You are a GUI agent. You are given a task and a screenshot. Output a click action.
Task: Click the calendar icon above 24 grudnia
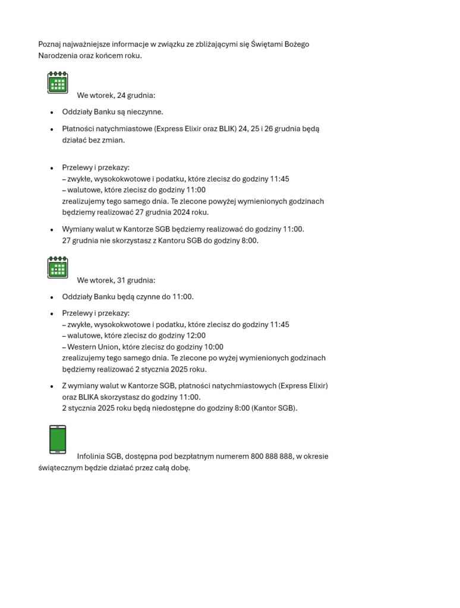[x=58, y=83]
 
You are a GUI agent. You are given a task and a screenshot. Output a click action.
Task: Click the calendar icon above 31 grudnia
[x=58, y=267]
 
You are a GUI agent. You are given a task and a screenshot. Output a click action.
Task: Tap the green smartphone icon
[x=58, y=439]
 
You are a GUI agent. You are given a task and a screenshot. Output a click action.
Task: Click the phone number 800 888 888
[x=272, y=457]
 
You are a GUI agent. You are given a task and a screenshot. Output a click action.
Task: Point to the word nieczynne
[x=145, y=112]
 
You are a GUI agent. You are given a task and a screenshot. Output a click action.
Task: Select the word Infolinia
[x=90, y=457]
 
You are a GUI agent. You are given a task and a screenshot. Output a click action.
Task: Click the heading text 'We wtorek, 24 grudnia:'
[x=116, y=96]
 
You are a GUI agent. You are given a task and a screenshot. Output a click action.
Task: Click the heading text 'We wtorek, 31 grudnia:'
[x=116, y=280]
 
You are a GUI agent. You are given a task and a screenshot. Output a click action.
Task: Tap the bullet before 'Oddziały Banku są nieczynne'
[x=52, y=112]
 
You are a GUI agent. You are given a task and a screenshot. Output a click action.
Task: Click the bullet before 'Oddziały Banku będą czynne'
[x=52, y=297]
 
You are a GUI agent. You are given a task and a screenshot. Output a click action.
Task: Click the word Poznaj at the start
[x=49, y=45]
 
